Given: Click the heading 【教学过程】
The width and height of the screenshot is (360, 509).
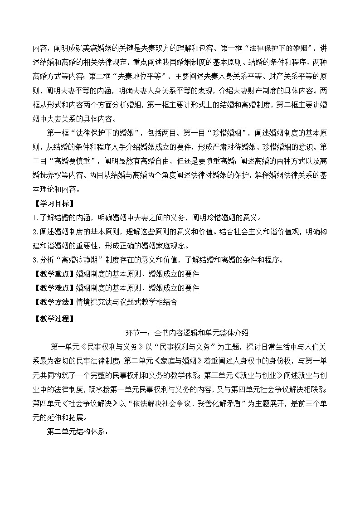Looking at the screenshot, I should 50,318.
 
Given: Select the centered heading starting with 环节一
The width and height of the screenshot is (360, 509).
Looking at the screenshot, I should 186,333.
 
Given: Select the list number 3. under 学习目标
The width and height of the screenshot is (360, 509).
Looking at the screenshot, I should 35,260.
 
